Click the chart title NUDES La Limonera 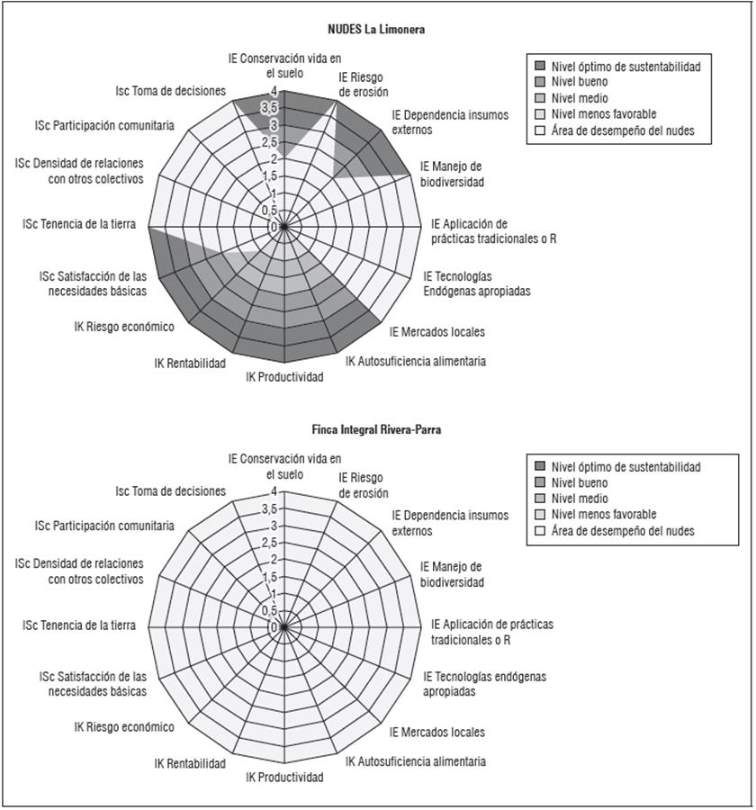click(x=376, y=30)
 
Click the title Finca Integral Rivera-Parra click(x=376, y=430)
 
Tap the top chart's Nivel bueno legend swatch click(x=540, y=82)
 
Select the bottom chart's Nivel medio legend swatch click(x=540, y=499)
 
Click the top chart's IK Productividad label click(x=284, y=377)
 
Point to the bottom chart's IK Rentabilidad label click(x=190, y=764)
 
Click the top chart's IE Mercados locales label click(x=437, y=331)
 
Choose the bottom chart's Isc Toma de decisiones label click(x=171, y=491)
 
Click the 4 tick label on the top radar click(x=274, y=92)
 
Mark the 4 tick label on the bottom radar click(x=274, y=493)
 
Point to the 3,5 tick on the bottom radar click(x=269, y=509)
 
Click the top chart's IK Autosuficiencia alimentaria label click(x=416, y=362)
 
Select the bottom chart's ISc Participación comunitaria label click(x=104, y=526)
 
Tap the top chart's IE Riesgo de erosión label click(x=364, y=84)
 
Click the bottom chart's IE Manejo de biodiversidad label click(x=452, y=574)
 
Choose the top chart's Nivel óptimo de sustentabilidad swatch click(x=540, y=66)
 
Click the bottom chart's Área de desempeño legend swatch click(x=540, y=531)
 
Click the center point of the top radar click(x=284, y=227)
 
